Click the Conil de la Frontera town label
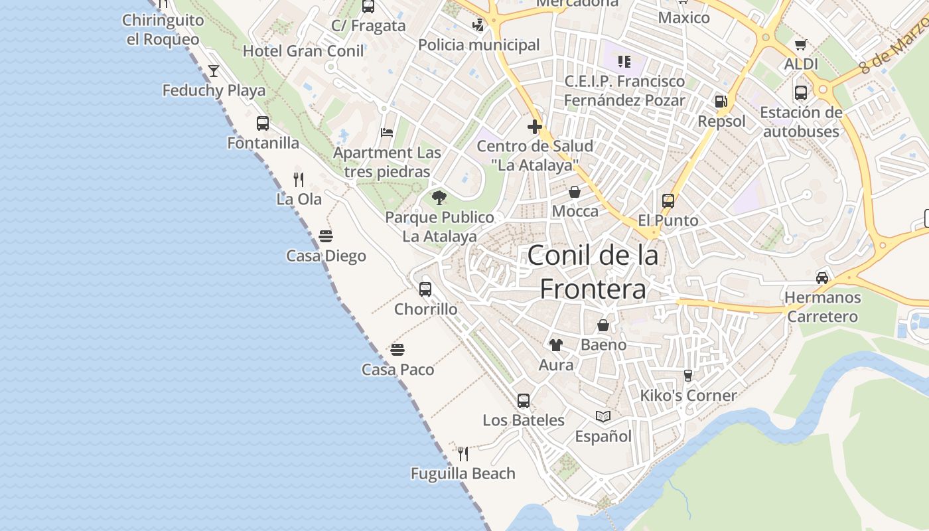coord(593,272)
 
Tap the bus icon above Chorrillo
coord(425,289)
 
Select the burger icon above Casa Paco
coord(397,350)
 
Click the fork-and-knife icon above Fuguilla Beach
coord(463,454)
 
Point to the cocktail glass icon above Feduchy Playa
coord(214,71)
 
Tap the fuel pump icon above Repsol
coord(721,102)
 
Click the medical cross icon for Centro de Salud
coord(535,126)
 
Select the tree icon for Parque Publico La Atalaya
coord(439,197)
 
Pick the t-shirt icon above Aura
coord(556,345)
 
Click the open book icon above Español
coord(603,416)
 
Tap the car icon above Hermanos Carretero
coord(822,277)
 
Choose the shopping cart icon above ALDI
coord(801,45)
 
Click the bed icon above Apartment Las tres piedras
coord(387,133)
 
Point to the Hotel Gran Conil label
coord(303,51)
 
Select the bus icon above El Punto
coord(668,200)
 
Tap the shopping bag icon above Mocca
coord(575,192)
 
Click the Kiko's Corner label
coord(688,396)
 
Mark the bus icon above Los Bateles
coord(524,400)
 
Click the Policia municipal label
coord(479,45)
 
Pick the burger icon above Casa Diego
coord(326,236)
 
